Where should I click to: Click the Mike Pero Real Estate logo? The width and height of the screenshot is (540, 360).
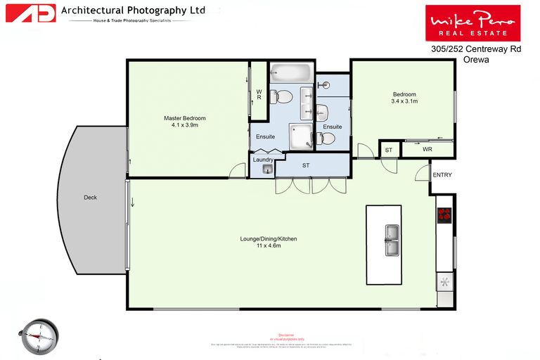tap(472, 22)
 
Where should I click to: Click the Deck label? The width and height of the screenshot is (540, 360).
tap(89, 198)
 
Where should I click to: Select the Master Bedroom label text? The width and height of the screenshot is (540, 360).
tap(185, 118)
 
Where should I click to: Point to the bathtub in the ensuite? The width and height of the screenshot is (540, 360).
tap(290, 71)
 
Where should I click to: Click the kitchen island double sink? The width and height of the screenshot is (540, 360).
tap(391, 240)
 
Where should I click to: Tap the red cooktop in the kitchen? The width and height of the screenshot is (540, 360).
tap(444, 214)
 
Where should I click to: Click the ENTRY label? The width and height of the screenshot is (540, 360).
tap(442, 175)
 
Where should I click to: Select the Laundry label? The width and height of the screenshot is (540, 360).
tap(263, 160)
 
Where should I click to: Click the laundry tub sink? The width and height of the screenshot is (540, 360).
tap(267, 169)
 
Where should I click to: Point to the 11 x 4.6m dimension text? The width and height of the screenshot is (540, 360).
tap(269, 247)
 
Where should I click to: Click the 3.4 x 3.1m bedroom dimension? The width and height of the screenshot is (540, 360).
tap(404, 102)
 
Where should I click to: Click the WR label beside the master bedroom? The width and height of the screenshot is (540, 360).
tap(259, 94)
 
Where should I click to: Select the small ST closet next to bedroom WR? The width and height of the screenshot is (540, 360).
tap(389, 150)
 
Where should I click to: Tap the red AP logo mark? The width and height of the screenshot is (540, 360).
tap(30, 13)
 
